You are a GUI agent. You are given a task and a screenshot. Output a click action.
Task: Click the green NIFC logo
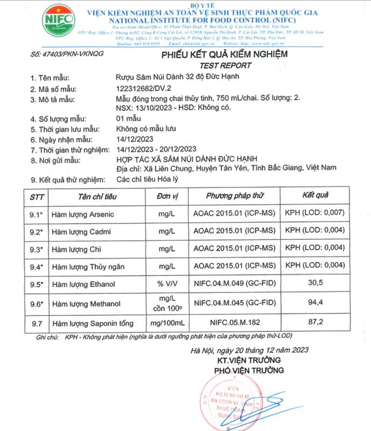[x=58, y=20]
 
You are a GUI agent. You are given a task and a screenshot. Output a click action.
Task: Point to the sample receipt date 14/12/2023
[x=138, y=139]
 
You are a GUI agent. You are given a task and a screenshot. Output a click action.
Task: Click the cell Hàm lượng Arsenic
[x=83, y=214]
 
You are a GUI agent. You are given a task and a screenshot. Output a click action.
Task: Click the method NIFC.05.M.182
[x=235, y=323]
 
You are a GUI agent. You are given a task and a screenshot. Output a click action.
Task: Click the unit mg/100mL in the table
[x=168, y=323]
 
